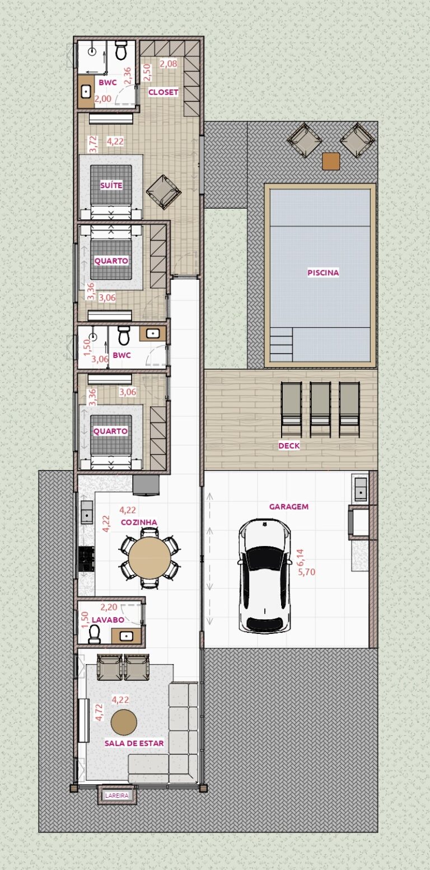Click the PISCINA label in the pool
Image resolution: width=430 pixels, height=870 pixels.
(323, 272)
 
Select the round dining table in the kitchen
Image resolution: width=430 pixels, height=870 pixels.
(149, 558)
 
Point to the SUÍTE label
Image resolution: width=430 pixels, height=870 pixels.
(111, 185)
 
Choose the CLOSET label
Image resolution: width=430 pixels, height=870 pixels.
(163, 92)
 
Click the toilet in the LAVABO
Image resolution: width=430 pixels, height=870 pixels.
(95, 634)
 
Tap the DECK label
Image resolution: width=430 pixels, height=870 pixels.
(289, 446)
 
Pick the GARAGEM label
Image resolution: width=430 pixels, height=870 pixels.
(289, 506)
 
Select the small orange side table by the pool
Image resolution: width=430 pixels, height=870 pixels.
(331, 161)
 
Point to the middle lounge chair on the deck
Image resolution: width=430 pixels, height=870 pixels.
(320, 410)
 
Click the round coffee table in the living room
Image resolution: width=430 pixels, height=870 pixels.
(124, 722)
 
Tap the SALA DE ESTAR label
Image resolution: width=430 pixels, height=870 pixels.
(134, 744)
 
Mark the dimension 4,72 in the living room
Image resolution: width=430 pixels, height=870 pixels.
(99, 713)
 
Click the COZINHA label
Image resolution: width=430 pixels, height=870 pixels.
(139, 523)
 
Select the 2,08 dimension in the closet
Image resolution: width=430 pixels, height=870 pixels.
(169, 63)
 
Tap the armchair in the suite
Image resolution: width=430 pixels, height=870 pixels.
(163, 192)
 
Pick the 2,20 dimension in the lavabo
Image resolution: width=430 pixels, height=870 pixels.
(109, 607)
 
